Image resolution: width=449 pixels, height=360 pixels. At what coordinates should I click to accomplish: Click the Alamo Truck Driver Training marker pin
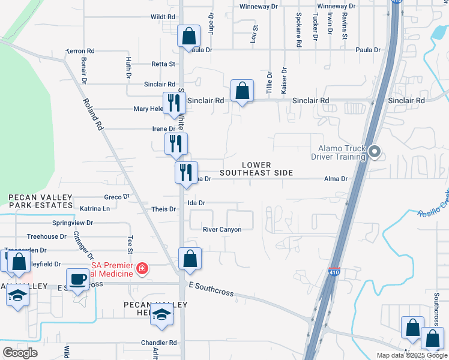click(375, 152)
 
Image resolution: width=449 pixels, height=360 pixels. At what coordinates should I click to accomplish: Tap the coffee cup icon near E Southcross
click(77, 280)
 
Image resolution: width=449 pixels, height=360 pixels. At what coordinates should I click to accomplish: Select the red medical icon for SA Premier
click(142, 268)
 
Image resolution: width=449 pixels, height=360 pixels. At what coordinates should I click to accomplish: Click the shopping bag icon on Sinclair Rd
click(242, 91)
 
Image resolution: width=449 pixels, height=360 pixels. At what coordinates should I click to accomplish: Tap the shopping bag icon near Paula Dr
click(189, 35)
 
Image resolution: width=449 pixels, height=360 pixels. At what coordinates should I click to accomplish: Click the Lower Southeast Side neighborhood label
click(256, 169)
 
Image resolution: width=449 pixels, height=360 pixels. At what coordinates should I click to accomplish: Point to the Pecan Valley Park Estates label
click(40, 201)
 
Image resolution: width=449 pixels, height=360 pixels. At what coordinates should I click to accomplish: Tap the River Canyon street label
click(221, 229)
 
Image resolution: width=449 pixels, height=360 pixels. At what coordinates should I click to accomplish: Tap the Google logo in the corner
click(20, 353)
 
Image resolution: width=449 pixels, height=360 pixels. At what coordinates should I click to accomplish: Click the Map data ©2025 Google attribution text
click(412, 355)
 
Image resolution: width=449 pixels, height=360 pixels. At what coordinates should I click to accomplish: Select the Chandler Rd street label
click(164, 343)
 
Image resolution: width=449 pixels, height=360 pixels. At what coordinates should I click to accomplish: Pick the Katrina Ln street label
click(95, 209)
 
